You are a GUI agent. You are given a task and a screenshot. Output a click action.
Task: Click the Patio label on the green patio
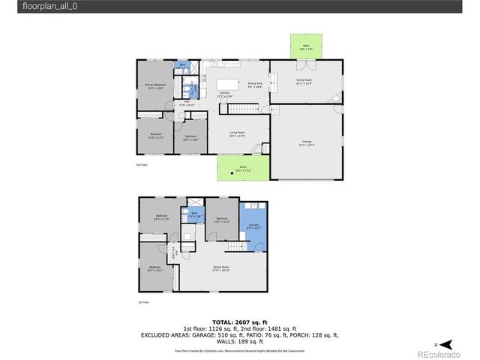[306, 46]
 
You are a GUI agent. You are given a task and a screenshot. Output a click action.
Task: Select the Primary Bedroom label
[155, 86]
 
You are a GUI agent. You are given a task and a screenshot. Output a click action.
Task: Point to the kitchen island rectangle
[228, 83]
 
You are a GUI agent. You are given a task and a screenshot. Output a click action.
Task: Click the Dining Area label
[254, 85]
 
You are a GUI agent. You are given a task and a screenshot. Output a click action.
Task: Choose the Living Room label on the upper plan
[238, 134]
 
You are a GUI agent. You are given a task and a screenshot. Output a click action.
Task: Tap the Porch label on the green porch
[243, 168]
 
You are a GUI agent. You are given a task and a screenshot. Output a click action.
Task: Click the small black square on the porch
[241, 173]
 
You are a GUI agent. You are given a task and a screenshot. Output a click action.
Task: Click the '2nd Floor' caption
[141, 164]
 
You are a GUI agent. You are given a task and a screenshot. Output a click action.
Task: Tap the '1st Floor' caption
[142, 302]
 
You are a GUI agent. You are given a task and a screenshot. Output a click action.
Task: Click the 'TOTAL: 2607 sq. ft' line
[240, 321]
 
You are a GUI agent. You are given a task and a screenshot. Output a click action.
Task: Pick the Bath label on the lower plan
[193, 214]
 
